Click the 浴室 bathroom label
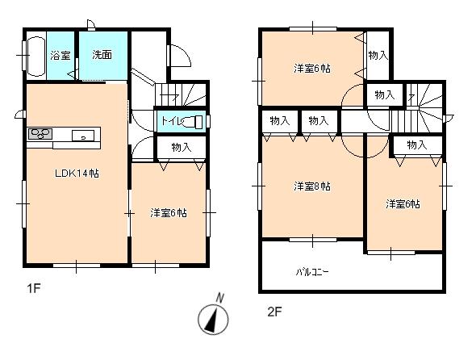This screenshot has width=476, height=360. tap(61, 56)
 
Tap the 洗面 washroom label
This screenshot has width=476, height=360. tap(102, 56)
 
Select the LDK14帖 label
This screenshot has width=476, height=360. tap(77, 173)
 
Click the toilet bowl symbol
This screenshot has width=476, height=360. tap(197, 122)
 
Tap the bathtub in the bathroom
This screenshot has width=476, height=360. tap(35, 57)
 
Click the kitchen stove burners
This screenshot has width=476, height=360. tap(41, 134)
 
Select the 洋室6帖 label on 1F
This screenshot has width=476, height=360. tap(168, 213)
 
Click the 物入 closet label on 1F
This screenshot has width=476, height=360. tap(181, 147)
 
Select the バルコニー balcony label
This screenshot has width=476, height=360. tap(311, 271)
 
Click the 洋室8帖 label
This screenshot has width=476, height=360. tap(311, 186)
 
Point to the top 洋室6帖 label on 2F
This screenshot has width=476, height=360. tap(311, 68)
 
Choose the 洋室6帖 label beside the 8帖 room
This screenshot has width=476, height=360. tap(402, 204)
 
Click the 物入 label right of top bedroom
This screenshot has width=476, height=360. tap(378, 55)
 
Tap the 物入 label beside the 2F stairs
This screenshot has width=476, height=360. tap(385, 95)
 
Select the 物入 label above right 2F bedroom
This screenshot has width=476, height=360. tap(416, 145)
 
